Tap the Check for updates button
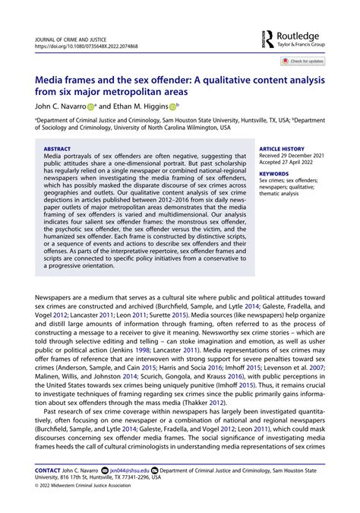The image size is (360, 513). (303, 61)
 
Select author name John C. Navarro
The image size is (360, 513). (64, 107)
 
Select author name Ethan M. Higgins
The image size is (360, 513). (144, 107)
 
